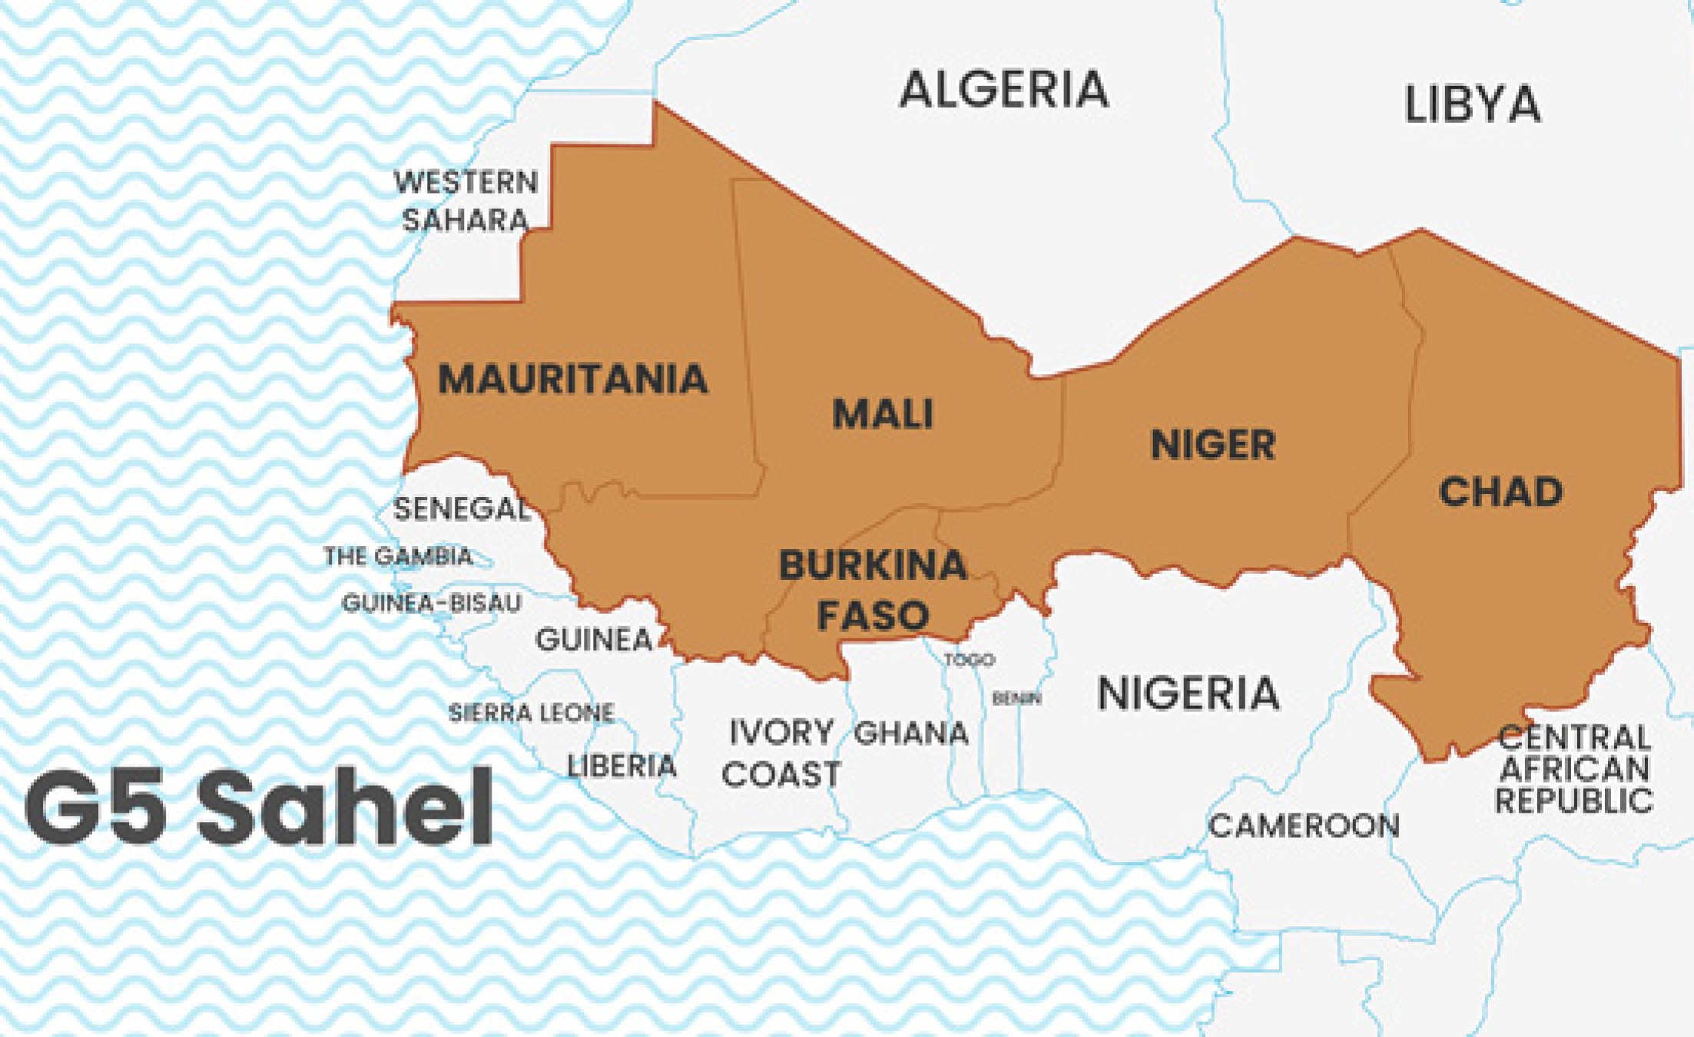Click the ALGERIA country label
[1004, 89]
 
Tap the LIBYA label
[1472, 104]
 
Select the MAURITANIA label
[572, 379]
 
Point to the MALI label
[883, 414]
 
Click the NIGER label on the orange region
[1213, 446]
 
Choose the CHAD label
[1500, 492]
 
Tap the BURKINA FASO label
[874, 590]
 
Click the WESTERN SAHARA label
[466, 201]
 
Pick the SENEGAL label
[461, 509]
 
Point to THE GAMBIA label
[398, 556]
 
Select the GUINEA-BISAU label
[431, 603]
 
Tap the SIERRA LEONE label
[531, 713]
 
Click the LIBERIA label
[622, 766]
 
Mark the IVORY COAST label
[781, 754]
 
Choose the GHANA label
[911, 734]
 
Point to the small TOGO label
[970, 660]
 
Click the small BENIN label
[1016, 698]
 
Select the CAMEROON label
[1304, 827]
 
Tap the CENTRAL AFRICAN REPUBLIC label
[1574, 769]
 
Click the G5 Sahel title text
[259, 808]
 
